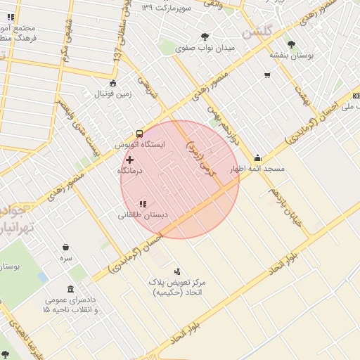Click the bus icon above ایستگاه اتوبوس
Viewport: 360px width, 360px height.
click(139, 133)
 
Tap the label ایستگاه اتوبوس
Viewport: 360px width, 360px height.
click(140, 144)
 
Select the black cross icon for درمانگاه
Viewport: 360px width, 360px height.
click(129, 160)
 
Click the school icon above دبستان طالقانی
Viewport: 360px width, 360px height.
click(143, 204)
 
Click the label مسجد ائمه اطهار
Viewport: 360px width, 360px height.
click(257, 169)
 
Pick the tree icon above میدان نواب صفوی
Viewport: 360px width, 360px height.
click(205, 37)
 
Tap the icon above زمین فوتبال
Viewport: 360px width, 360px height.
click(113, 82)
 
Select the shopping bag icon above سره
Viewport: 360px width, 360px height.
click(66, 247)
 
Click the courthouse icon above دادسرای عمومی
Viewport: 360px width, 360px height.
click(70, 289)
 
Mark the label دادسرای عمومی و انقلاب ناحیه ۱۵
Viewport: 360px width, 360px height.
click(70, 304)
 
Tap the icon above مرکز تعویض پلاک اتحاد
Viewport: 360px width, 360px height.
click(177, 271)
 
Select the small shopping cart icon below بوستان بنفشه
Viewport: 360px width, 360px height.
click(266, 75)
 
